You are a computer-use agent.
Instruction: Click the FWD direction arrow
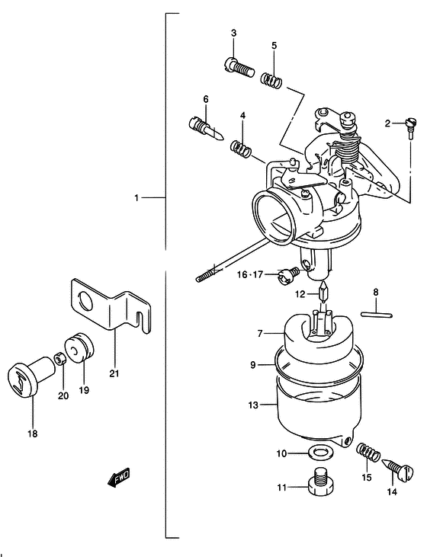[119, 478]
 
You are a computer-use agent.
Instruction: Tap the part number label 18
[32, 434]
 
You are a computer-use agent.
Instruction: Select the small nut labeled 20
[59, 359]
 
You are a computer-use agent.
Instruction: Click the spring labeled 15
[368, 452]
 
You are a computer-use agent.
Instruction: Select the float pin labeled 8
[376, 314]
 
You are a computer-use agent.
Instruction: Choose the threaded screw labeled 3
[239, 67]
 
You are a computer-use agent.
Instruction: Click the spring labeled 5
[271, 79]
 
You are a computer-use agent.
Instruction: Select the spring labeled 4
[241, 148]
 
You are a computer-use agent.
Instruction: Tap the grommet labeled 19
[79, 347]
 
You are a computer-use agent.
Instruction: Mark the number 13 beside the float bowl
[253, 405]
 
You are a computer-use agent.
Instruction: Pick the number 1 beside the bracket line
[136, 197]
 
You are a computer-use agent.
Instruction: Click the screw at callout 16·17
[288, 276]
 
